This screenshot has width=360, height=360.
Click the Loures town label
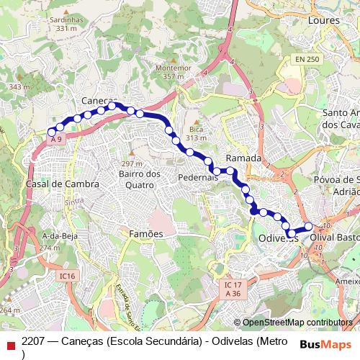click(x=323, y=21)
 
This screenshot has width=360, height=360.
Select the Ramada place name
click(x=243, y=158)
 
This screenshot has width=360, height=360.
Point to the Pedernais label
click(x=198, y=177)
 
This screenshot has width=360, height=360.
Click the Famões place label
click(x=146, y=234)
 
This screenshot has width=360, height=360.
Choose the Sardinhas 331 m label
click(x=65, y=24)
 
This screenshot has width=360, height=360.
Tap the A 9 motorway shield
click(x=57, y=139)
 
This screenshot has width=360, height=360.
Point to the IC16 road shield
click(x=68, y=276)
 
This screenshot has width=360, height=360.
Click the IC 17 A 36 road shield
click(x=232, y=289)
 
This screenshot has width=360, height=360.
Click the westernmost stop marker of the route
click(x=51, y=132)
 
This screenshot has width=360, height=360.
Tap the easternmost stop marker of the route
click(x=309, y=227)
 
